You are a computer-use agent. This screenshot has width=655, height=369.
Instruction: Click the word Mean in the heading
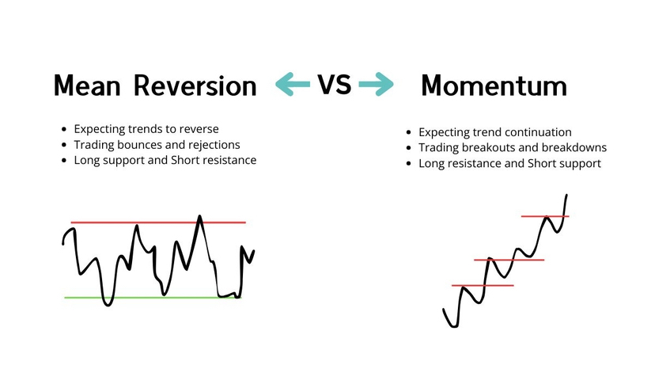pos(87,86)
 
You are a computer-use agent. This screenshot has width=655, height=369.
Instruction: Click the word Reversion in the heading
pos(195,86)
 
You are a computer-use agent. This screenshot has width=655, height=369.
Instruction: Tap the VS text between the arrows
pos(334,84)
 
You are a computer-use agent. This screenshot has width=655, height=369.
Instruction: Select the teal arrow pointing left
pos(293,84)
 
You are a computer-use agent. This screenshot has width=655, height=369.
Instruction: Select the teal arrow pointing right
pos(377,84)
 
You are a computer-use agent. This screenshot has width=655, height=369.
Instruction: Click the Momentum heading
pos(494,86)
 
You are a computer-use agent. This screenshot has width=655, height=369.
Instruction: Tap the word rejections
pos(214,145)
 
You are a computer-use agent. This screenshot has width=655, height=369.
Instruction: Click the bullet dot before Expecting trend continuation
pos(408,132)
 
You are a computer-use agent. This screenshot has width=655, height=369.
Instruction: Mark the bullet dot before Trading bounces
pos(64,145)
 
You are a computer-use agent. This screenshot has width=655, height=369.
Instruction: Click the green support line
pos(153,298)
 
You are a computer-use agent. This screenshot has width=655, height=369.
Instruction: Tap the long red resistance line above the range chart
pos(158,223)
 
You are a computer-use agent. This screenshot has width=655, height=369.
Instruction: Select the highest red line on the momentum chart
pos(545,216)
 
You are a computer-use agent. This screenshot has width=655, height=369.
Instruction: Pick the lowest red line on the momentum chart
pos(483,286)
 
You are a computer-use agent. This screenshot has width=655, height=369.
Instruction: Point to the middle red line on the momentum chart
pos(509,260)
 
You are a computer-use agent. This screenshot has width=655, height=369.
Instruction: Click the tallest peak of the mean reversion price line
pos(199,216)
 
